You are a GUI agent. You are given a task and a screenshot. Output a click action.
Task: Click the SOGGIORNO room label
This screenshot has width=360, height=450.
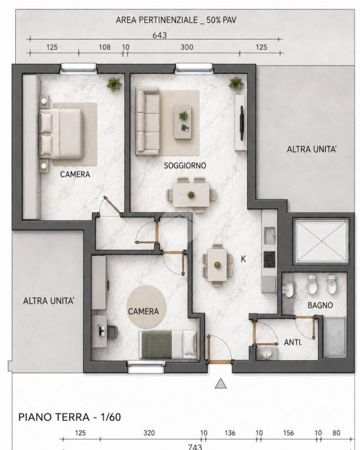pyautogui.click(x=185, y=166)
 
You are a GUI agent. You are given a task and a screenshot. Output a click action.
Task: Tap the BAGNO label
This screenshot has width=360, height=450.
pyautogui.click(x=320, y=305)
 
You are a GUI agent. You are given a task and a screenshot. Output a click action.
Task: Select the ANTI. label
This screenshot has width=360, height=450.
pyautogui.click(x=293, y=342)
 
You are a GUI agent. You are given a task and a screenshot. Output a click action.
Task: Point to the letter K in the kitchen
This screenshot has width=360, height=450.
pyautogui.click(x=243, y=259)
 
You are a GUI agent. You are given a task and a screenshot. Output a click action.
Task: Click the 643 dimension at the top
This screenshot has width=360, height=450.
pyautogui.click(x=159, y=35)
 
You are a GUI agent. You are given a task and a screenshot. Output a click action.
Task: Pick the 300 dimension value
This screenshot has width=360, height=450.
pyautogui.click(x=186, y=47)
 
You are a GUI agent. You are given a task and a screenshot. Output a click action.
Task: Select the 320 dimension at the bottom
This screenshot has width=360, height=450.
pyautogui.click(x=149, y=433)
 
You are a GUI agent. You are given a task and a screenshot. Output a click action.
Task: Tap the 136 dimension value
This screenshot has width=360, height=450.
pyautogui.click(x=230, y=433)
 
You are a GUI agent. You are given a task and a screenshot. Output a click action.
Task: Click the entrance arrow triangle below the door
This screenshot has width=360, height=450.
pyautogui.click(x=220, y=383)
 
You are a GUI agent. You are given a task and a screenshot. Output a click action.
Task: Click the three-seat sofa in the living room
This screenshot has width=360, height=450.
pyautogui.click(x=147, y=121)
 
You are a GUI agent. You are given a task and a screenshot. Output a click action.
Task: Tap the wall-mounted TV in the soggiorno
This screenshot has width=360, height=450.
pyautogui.click(x=242, y=123)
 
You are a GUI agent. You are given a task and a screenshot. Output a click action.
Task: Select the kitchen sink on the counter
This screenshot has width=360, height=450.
pyautogui.click(x=270, y=236)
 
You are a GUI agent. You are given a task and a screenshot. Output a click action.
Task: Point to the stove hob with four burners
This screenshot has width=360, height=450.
pyautogui.click(x=270, y=260)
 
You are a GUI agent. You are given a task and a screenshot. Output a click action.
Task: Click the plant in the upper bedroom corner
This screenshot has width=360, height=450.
pyautogui.click(x=114, y=84)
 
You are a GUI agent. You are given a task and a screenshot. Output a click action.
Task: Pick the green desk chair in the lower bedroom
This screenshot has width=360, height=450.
pyautogui.click(x=113, y=332)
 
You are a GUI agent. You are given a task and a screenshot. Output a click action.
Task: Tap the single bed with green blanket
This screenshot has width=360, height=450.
pyautogui.click(x=168, y=345)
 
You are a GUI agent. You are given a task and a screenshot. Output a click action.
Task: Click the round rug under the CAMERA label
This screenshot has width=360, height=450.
pyautogui.click(x=147, y=307)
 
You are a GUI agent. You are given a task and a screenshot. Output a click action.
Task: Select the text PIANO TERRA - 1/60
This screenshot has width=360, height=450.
pyautogui.click(x=69, y=417)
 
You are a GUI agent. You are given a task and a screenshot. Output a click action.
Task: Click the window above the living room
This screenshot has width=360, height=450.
pyautogui.click(x=194, y=68)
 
